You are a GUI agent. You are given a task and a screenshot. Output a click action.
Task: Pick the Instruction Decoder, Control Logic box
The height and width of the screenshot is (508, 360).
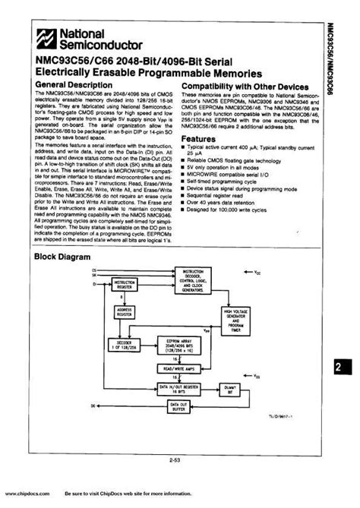click(195, 278)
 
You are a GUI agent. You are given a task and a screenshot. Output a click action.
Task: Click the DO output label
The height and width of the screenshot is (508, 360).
click(93, 407)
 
